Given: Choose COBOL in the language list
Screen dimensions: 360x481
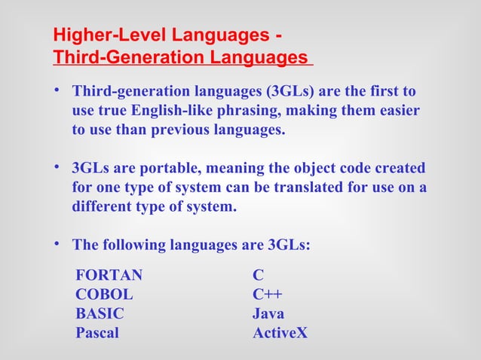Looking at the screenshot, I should (104, 295).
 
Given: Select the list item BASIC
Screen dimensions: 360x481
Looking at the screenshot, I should (100, 314).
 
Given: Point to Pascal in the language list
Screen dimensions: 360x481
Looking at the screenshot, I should (97, 333).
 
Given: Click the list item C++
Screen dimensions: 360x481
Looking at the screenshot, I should (268, 295).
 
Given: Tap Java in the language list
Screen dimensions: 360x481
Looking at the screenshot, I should (268, 314).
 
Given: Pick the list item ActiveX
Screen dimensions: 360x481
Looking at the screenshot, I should (280, 333).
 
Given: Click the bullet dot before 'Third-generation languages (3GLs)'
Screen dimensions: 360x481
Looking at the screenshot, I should (57, 91).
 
